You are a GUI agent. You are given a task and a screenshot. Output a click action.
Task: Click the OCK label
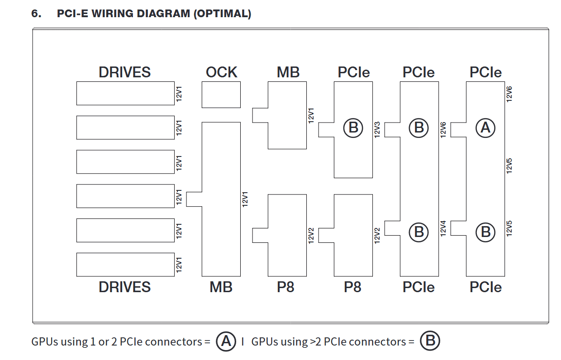(221, 72)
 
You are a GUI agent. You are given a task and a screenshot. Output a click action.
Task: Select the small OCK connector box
(221, 95)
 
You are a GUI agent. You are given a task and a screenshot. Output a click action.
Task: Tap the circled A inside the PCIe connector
(485, 128)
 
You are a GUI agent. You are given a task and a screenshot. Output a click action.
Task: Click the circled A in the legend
(226, 341)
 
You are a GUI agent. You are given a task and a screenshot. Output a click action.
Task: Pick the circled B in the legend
(430, 341)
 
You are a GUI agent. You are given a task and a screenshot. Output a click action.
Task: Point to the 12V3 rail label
(378, 129)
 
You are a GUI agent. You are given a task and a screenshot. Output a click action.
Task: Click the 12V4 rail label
(443, 228)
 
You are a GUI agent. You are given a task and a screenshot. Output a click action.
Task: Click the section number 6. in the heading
(36, 14)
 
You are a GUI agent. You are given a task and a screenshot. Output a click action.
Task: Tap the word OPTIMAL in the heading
(222, 14)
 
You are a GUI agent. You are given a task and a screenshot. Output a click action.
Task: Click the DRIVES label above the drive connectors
(124, 72)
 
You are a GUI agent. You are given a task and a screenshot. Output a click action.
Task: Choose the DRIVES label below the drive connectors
(124, 287)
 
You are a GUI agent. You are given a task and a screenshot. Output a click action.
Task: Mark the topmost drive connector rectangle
(125, 93)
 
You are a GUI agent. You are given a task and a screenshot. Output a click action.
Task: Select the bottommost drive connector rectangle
(125, 265)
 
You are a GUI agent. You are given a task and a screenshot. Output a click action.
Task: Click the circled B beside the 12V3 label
(353, 128)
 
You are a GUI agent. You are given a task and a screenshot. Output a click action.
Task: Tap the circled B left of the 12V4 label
(419, 232)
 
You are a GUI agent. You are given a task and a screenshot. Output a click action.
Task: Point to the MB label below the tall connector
(221, 287)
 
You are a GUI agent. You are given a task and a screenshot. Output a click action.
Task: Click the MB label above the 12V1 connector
(288, 72)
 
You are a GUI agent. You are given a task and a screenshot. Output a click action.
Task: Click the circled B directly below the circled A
(485, 232)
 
